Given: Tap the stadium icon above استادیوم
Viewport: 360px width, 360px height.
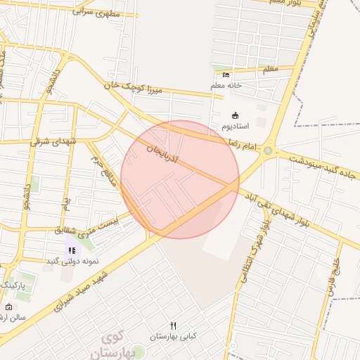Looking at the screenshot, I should pyautogui.click(x=235, y=115).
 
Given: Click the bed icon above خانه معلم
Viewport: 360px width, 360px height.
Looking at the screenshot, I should pyautogui.click(x=226, y=75).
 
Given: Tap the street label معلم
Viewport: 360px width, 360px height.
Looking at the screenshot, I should pyautogui.click(x=269, y=69).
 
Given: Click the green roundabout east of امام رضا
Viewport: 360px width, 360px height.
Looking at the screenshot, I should pyautogui.click(x=268, y=150).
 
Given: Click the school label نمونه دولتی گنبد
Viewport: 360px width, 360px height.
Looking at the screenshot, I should pyautogui.click(x=72, y=261).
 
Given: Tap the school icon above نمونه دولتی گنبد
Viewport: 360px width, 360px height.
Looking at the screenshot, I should pyautogui.click(x=72, y=250).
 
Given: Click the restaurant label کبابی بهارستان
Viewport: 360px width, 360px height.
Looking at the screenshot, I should pyautogui.click(x=188, y=336).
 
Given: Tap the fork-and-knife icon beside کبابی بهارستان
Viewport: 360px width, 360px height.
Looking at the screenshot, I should pyautogui.click(x=173, y=326).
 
